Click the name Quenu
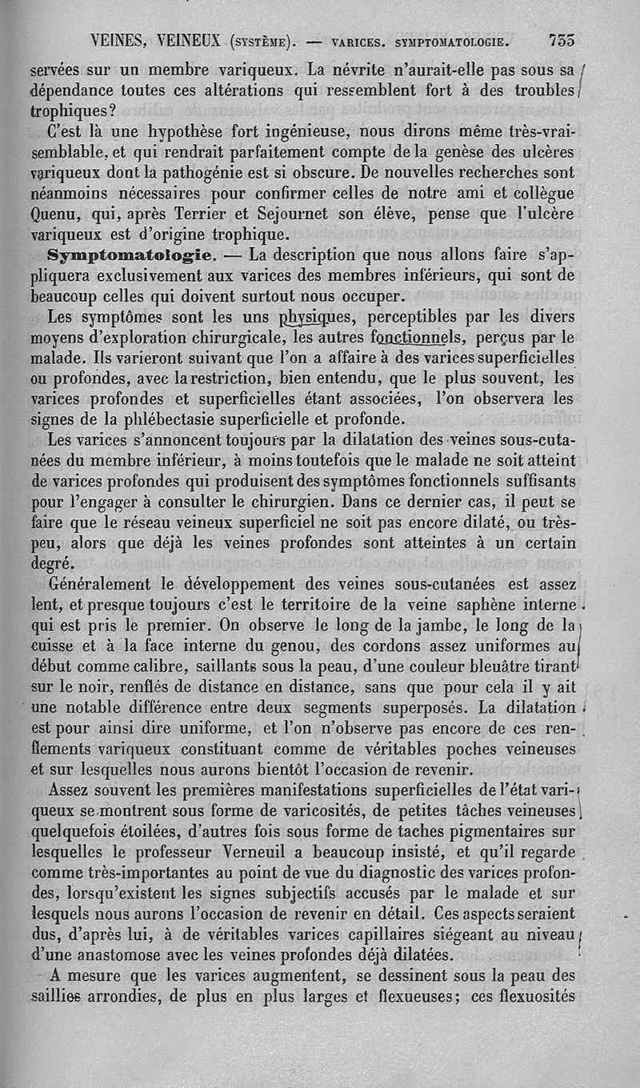click(54, 214)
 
